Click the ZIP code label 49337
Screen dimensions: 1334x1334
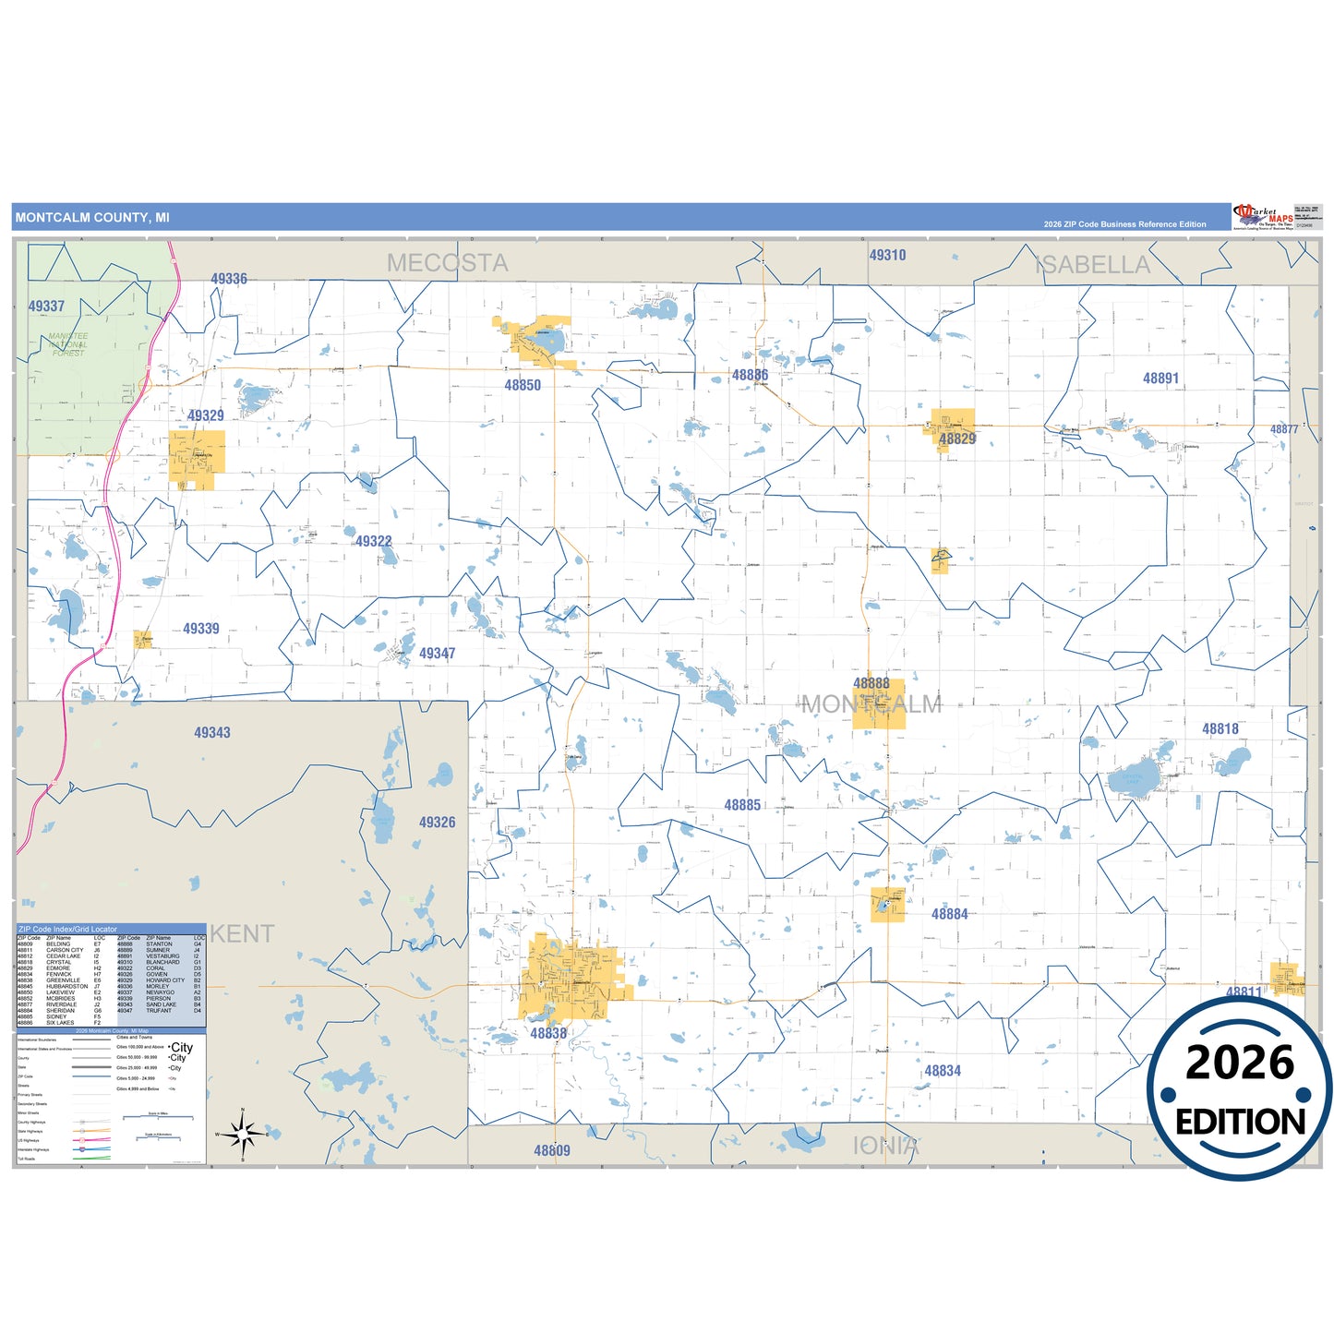46,306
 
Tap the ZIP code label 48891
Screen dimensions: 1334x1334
1160,379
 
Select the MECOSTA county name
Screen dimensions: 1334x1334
448,263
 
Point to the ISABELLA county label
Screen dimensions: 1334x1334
1093,265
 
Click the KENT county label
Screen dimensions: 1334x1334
242,934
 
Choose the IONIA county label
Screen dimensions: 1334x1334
885,1146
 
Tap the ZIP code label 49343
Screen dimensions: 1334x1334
212,733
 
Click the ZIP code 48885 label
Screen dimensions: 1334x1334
742,805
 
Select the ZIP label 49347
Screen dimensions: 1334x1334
437,654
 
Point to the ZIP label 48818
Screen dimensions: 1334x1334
1220,729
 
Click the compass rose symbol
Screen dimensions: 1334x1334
243,1134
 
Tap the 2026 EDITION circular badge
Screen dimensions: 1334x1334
1240,1090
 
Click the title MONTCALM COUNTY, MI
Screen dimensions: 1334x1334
92,218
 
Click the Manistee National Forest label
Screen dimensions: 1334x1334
68,344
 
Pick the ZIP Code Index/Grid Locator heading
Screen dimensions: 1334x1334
67,929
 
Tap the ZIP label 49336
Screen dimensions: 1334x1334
229,279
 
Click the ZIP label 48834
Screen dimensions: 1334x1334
943,1071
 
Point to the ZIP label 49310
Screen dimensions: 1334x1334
887,256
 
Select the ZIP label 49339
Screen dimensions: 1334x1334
201,629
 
